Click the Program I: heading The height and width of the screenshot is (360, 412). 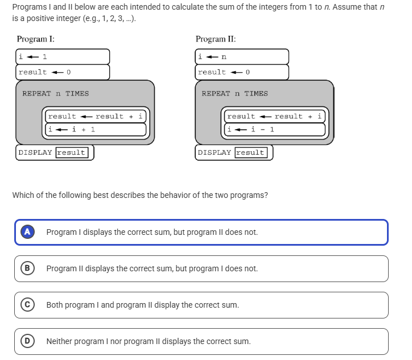click(36, 39)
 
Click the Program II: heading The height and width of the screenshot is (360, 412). click(216, 39)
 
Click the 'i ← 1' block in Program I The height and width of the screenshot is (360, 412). click(63, 57)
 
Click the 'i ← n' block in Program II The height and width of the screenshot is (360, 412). click(242, 57)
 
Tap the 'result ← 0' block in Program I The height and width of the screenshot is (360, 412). click(63, 72)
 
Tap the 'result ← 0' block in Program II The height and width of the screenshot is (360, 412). click(242, 72)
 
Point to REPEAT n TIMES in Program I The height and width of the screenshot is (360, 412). click(56, 94)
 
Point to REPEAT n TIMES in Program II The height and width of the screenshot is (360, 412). click(234, 94)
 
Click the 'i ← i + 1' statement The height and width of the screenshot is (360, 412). click(96, 129)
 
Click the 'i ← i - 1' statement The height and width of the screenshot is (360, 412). click(275, 129)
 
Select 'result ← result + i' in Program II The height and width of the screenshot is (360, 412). click(275, 116)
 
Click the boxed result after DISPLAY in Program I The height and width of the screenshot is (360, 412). click(71, 152)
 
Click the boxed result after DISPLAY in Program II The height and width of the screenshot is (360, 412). click(250, 152)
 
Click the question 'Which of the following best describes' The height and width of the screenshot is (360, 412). click(139, 195)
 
